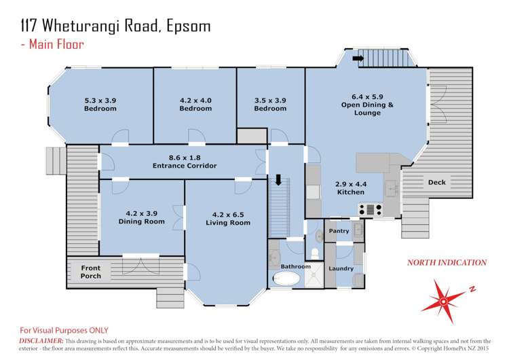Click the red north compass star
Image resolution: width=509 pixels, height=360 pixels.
(445, 296)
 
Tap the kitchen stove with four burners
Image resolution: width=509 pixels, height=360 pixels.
(371, 209)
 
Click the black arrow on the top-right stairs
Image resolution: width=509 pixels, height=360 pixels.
(358, 58)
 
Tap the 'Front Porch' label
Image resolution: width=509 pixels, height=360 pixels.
(91, 272)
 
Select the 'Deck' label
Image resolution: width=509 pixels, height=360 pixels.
(436, 183)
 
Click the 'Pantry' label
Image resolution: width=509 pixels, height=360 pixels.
(339, 232)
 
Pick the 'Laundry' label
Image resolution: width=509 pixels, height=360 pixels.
(340, 269)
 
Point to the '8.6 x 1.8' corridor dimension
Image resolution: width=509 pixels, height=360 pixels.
(185, 156)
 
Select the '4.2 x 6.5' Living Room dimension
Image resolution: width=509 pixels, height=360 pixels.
(225, 214)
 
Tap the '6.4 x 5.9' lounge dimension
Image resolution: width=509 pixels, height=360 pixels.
(366, 96)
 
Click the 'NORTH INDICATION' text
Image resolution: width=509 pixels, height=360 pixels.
(446, 262)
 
